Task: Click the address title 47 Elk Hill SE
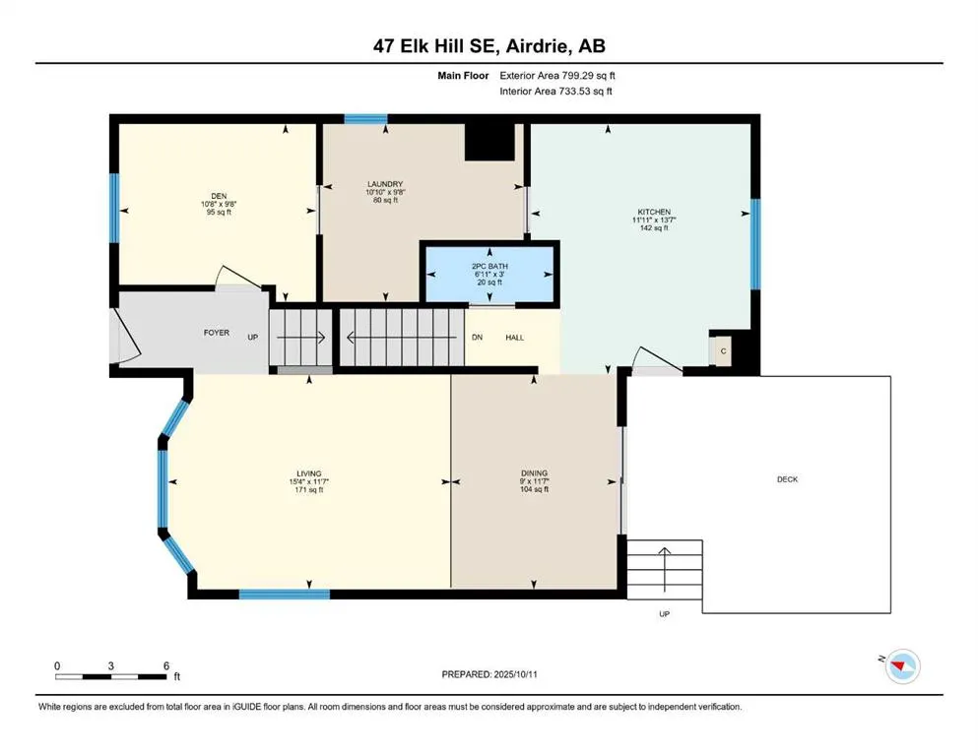point(489,46)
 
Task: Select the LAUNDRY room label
point(385,184)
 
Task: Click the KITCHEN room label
point(653,212)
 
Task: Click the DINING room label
point(535,473)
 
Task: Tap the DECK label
point(787,479)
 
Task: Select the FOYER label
point(217,333)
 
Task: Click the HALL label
point(514,338)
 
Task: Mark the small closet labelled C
point(722,350)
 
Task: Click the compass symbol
point(901,666)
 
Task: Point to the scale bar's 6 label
point(166,665)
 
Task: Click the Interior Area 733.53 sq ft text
point(557,92)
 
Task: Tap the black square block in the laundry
point(489,141)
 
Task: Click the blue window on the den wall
point(114,210)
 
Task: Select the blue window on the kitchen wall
point(755,244)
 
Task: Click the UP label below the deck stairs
point(664,614)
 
